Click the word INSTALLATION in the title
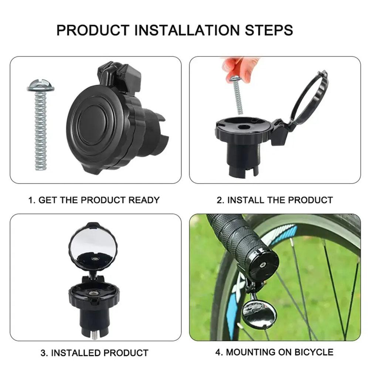point(185,30)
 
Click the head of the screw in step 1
point(41,86)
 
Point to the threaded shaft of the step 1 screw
point(41,129)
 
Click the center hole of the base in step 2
point(243,126)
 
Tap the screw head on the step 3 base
point(95,292)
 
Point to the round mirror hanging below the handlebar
point(259,314)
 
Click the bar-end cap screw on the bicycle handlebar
point(262,265)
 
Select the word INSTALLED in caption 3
point(76,353)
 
